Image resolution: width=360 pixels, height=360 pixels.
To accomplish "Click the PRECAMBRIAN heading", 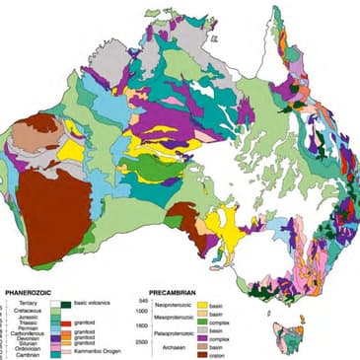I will click(x=178, y=293).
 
